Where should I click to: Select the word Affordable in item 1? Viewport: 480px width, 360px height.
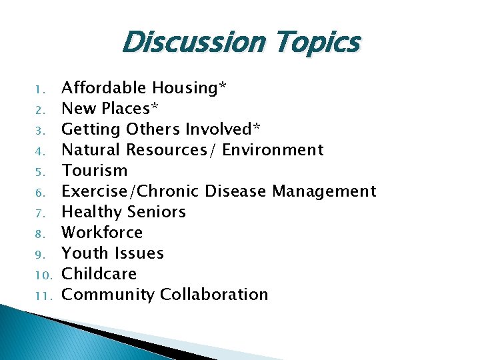[x=103, y=87]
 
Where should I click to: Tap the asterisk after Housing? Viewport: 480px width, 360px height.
[x=223, y=86]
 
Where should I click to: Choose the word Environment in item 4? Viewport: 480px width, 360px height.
[x=273, y=149]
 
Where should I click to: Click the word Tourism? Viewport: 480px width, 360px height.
[x=94, y=170]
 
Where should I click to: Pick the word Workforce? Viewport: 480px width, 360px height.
[x=102, y=232]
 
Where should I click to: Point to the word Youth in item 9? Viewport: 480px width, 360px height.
[x=83, y=253]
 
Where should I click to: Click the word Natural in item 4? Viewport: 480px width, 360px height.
[x=91, y=149]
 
